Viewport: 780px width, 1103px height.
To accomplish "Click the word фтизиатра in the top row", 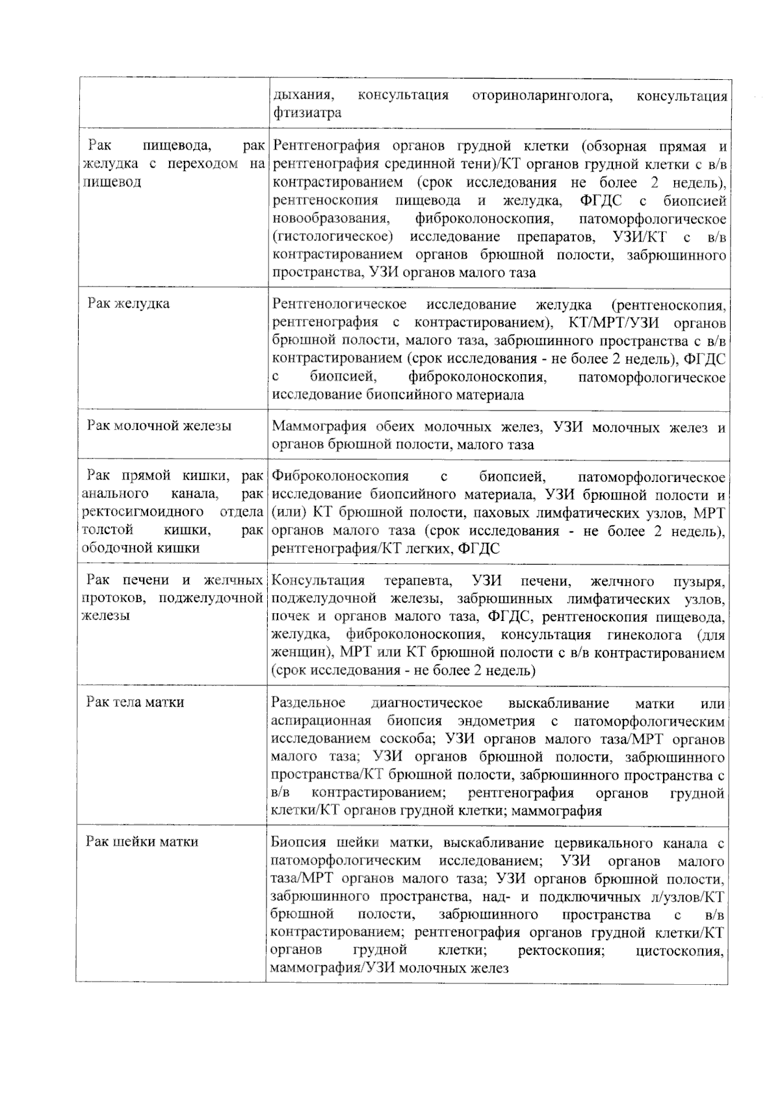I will coord(307,113).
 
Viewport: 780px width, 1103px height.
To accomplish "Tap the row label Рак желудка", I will coord(129,304).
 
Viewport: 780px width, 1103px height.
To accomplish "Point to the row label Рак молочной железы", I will coord(159,426).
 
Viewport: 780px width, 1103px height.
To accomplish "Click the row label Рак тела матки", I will coord(135,702).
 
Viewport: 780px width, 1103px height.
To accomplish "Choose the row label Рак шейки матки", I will coord(142,842).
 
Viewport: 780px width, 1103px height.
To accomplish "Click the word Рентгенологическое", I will coord(340,304).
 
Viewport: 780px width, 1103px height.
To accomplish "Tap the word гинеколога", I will coord(645,635).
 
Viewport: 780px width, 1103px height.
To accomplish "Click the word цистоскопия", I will coord(681,951).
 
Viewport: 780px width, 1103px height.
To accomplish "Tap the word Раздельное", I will coord(308,703).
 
